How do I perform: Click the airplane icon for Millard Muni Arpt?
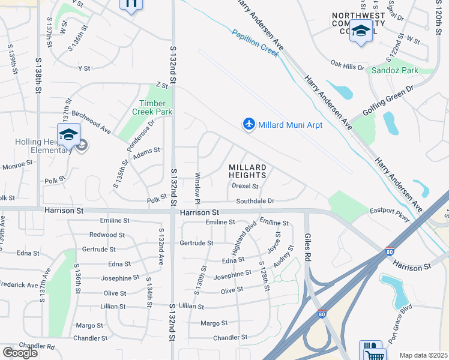249,124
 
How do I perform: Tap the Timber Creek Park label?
156,107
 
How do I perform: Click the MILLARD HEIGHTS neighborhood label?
247,171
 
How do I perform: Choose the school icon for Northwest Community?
361,31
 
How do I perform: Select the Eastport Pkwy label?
390,214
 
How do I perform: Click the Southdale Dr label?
255,201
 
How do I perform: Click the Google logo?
20,353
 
